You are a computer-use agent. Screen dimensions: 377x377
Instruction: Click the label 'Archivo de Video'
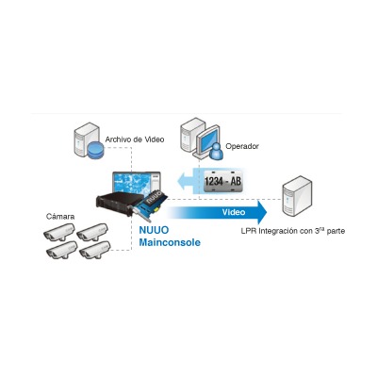tap(135, 139)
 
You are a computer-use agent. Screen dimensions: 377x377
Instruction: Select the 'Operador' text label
tap(242, 146)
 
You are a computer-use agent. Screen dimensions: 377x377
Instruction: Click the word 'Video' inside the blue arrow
tap(234, 212)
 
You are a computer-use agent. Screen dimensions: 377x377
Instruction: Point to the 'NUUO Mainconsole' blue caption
tap(170, 236)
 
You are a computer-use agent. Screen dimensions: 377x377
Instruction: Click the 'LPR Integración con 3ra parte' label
tap(293, 231)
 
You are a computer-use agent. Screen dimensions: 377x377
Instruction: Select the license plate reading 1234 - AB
tap(222, 181)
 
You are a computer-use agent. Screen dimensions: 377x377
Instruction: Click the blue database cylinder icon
tap(95, 150)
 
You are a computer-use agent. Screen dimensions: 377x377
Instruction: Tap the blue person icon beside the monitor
tap(216, 151)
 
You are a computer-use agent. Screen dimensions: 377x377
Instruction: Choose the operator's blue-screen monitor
tap(207, 139)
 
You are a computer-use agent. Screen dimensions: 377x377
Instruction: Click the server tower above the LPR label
tap(296, 195)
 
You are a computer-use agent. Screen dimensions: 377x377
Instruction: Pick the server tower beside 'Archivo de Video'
tap(86, 139)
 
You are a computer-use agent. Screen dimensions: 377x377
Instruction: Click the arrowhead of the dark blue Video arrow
tap(262, 212)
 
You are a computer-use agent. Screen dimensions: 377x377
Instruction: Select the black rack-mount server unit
tap(120, 205)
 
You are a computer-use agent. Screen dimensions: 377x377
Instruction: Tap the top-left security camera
tap(58, 232)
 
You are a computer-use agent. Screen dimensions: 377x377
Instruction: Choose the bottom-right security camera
tap(94, 250)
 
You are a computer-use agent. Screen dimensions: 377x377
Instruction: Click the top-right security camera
tap(92, 232)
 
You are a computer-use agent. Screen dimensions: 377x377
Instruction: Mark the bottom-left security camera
tap(61, 250)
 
